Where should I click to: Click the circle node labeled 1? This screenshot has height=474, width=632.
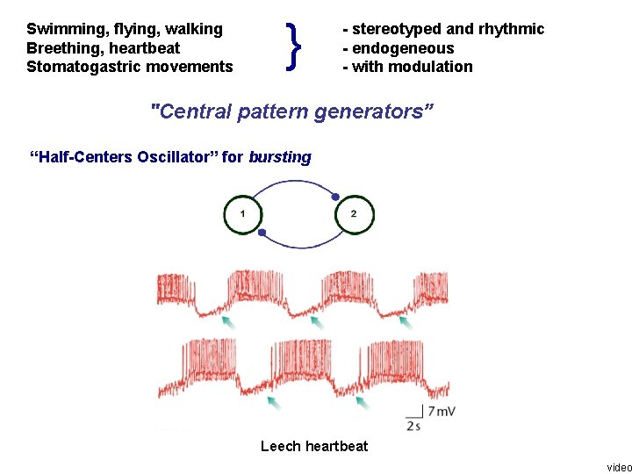pyautogui.click(x=243, y=214)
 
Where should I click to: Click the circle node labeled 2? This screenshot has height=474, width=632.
pyautogui.click(x=354, y=214)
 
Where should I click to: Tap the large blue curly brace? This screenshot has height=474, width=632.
pyautogui.click(x=295, y=47)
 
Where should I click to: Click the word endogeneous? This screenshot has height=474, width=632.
pyautogui.click(x=403, y=47)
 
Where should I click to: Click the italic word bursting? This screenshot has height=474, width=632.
pyautogui.click(x=280, y=157)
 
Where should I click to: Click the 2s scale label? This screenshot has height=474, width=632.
pyautogui.click(x=413, y=426)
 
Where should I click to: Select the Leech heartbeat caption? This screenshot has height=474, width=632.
pyautogui.click(x=314, y=446)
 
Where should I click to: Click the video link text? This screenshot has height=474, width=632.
pyautogui.click(x=619, y=466)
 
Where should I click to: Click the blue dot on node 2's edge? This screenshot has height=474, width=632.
pyautogui.click(x=335, y=197)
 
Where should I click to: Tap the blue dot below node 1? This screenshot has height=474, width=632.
pyautogui.click(x=262, y=233)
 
